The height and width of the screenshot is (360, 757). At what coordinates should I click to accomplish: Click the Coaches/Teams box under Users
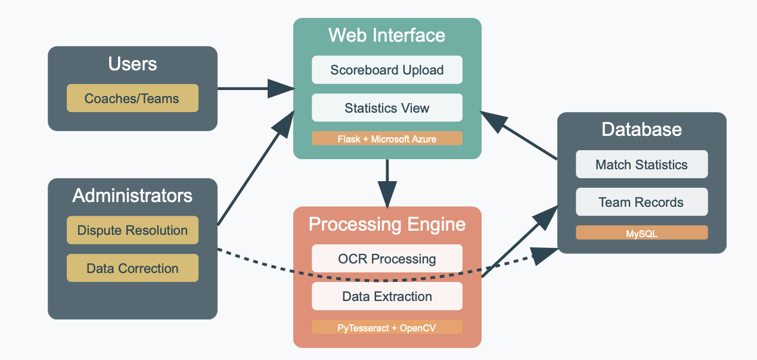(x=132, y=98)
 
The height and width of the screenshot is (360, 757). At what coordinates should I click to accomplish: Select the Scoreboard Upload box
(x=387, y=70)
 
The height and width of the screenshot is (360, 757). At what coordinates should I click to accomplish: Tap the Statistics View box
(x=387, y=108)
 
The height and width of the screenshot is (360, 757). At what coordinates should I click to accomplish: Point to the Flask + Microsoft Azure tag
(x=387, y=139)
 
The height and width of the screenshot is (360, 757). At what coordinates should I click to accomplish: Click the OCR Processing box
(x=387, y=259)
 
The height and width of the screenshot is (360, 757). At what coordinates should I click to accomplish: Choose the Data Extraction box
(x=387, y=296)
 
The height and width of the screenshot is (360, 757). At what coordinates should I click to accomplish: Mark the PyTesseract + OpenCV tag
(x=387, y=327)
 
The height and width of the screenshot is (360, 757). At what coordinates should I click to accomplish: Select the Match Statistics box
(x=641, y=165)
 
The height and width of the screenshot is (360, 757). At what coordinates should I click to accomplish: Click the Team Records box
(x=641, y=202)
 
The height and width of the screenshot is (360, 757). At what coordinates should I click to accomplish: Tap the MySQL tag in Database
(x=641, y=233)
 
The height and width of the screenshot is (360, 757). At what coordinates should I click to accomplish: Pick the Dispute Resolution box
(x=132, y=230)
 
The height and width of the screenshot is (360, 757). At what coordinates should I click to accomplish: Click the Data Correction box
(x=132, y=268)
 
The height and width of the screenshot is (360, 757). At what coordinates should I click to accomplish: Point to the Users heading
(x=132, y=64)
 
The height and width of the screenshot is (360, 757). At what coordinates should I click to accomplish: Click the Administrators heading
(x=132, y=195)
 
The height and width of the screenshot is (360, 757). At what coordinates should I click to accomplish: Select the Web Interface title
(x=387, y=35)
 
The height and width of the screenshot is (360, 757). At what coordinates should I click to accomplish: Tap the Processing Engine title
(x=387, y=224)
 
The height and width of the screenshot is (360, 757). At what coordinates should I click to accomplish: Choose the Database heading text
(x=641, y=129)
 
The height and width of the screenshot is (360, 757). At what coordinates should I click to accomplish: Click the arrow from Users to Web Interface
(x=250, y=89)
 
